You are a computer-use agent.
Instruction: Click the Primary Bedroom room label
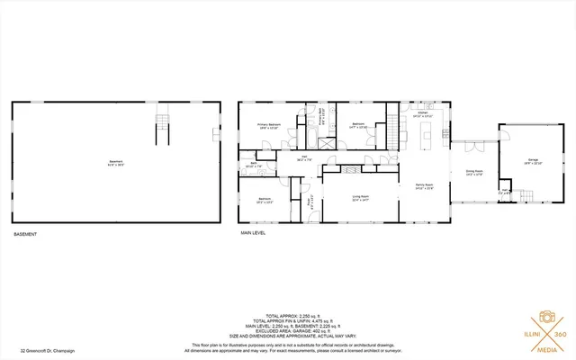[269, 125]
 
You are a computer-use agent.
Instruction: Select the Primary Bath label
[321, 115]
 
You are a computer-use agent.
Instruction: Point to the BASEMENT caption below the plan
[26, 234]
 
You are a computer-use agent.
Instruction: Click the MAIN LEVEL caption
[253, 234]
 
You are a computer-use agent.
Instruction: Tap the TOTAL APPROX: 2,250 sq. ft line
[288, 315]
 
